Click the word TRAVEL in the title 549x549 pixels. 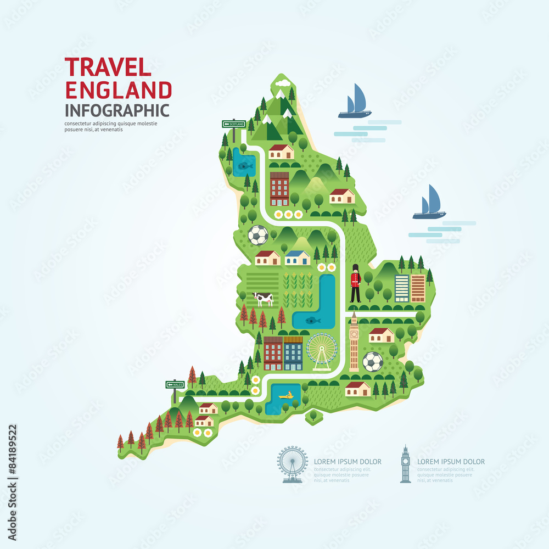108,67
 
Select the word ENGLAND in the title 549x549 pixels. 118,89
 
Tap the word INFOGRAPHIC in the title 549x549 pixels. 117,109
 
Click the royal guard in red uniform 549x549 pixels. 355,283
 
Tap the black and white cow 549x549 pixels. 263,299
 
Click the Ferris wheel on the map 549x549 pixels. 322,351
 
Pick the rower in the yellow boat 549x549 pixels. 285,395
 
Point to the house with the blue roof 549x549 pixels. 298,257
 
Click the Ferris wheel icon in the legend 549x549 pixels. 292,463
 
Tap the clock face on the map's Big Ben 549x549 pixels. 354,333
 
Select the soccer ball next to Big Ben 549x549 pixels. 373,361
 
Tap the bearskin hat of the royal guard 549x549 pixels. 355,269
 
